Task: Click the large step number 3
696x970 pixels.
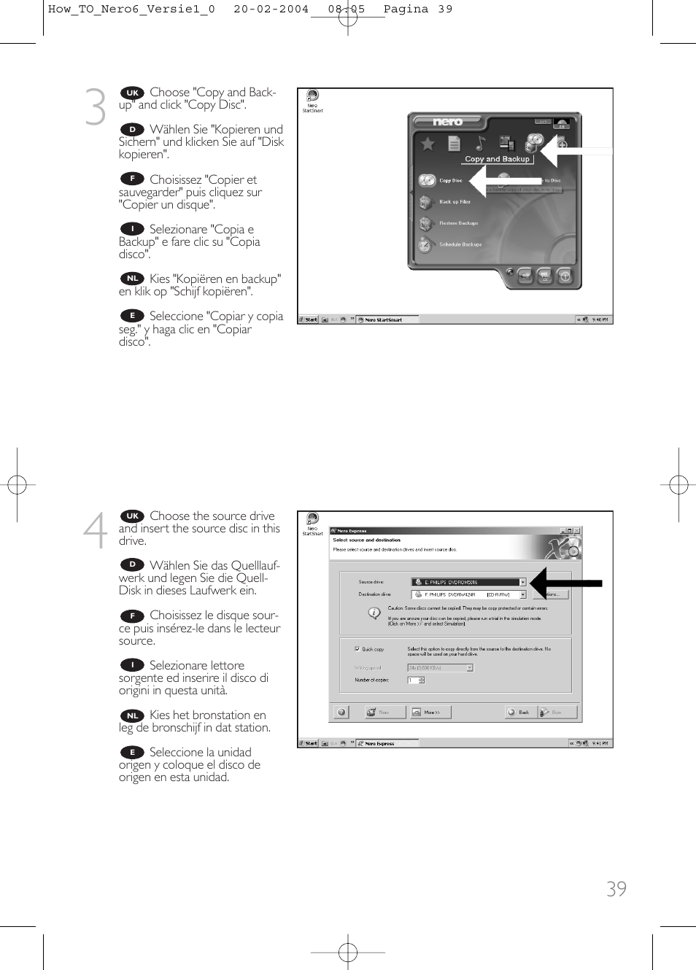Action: [x=96, y=106]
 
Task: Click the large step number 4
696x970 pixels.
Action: [x=95, y=530]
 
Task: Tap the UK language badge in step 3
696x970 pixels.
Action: [x=132, y=93]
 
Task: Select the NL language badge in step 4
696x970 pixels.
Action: [x=132, y=715]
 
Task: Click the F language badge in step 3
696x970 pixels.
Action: [x=132, y=179]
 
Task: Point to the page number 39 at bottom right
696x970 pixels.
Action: [x=616, y=888]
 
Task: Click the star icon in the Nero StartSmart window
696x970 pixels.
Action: [x=428, y=144]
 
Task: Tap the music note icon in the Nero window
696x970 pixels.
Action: [x=480, y=143]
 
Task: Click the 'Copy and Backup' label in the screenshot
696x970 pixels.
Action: [x=497, y=159]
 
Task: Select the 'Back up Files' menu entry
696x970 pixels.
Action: [x=454, y=202]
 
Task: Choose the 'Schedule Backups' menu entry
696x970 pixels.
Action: [x=460, y=245]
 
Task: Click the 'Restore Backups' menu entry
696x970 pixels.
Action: [x=458, y=223]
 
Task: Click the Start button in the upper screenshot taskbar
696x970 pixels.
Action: [x=309, y=319]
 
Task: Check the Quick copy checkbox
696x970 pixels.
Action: [x=357, y=648]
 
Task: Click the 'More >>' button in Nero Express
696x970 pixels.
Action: [x=430, y=712]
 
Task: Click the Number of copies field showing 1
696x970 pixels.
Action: [x=413, y=680]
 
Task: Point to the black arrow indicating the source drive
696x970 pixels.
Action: [x=566, y=583]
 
